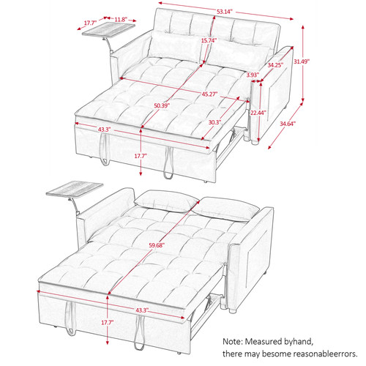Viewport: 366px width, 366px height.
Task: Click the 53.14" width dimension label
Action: pos(224,12)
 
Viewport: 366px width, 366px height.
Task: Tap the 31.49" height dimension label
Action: pos(301,61)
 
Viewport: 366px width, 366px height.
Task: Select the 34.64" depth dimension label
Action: pos(288,124)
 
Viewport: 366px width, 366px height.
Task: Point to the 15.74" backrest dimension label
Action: pos(209,40)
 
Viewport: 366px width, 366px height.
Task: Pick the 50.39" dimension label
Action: pos(162,105)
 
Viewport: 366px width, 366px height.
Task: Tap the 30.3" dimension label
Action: pos(214,122)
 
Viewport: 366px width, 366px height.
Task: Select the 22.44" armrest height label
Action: pos(258,113)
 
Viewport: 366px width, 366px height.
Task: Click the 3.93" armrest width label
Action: pos(253,75)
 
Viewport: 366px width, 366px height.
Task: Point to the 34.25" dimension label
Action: pos(275,65)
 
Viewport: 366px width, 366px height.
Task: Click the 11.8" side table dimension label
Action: pos(120,20)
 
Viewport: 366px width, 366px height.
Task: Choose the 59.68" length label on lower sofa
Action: pos(156,245)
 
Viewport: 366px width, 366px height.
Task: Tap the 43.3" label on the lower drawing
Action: pos(142,310)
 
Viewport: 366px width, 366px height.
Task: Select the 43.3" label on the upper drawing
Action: pos(105,130)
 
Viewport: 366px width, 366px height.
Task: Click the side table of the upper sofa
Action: pos(108,31)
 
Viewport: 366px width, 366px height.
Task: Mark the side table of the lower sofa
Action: pos(75,188)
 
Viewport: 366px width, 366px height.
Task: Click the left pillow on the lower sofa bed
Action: pos(166,201)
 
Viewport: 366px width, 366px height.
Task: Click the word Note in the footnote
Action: pos(232,341)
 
